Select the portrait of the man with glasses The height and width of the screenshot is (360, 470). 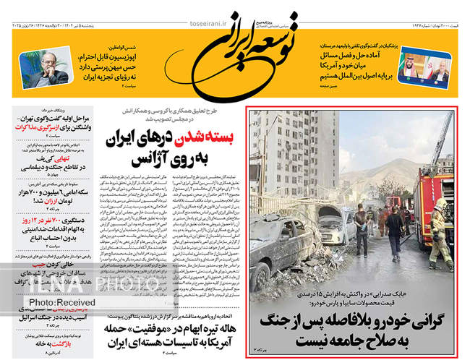tap(38, 69)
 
